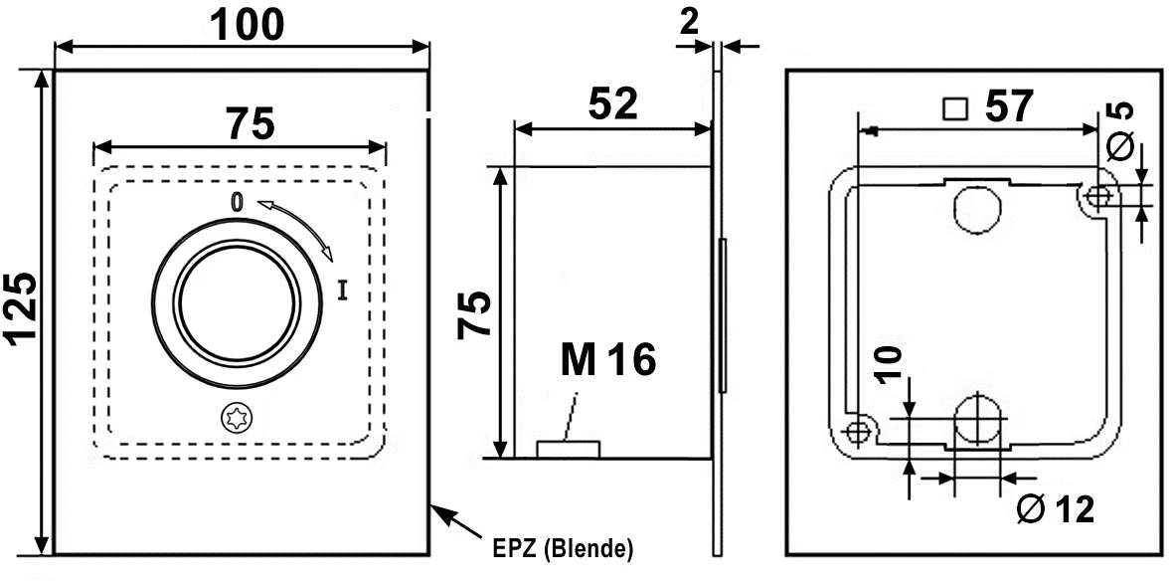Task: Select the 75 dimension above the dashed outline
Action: coord(249,124)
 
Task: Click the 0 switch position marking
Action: coord(237,202)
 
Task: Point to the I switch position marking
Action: coord(343,291)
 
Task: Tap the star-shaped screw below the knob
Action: coord(237,418)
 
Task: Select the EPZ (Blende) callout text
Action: coord(562,548)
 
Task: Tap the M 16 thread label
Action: coord(608,359)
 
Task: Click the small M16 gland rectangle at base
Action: coord(568,450)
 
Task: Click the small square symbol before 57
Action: coord(954,106)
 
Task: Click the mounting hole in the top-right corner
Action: coord(1099,197)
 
